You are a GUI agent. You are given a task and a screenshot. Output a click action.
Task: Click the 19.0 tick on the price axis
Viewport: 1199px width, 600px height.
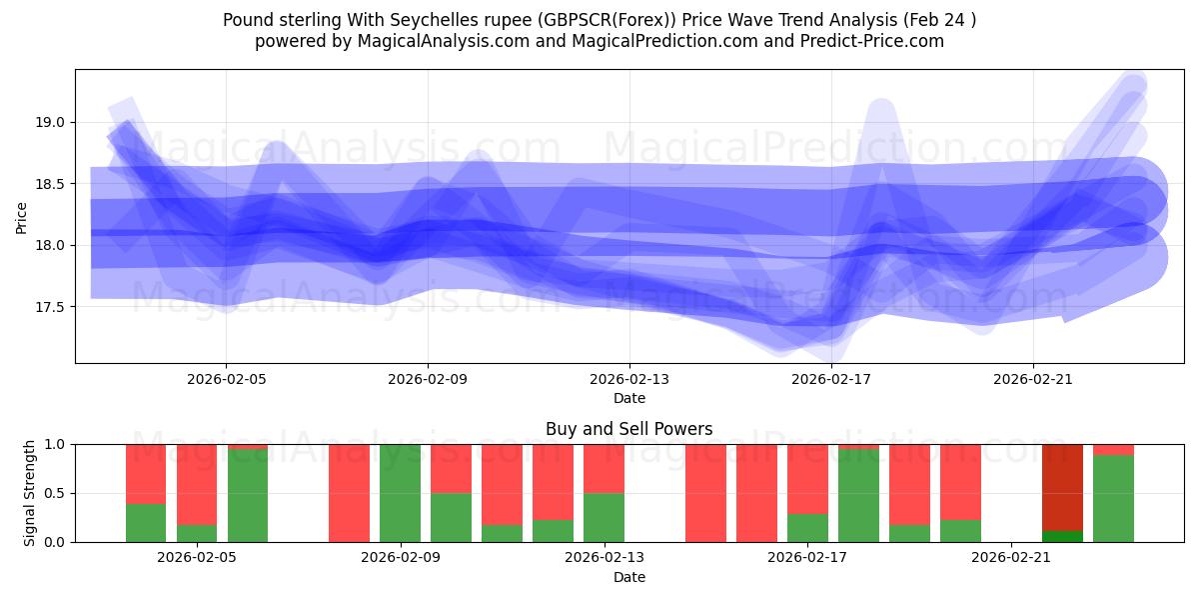[x=50, y=122]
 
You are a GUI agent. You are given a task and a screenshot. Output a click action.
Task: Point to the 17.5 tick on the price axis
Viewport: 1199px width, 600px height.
[x=50, y=306]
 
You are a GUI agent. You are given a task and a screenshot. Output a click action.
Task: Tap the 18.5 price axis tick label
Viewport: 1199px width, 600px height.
[x=50, y=184]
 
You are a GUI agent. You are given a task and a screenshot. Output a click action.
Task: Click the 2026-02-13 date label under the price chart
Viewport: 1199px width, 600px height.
[x=629, y=379]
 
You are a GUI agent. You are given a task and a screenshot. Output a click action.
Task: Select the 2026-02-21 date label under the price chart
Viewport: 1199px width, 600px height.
[x=1032, y=379]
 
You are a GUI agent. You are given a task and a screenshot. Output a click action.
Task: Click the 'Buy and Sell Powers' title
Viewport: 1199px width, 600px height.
[x=629, y=429]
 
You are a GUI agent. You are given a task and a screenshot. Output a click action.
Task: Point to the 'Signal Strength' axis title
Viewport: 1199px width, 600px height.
[x=30, y=493]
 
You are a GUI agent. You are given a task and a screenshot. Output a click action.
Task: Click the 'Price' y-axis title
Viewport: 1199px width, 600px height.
[x=22, y=217]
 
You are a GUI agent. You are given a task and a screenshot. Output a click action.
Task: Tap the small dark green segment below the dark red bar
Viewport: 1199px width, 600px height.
[x=1062, y=536]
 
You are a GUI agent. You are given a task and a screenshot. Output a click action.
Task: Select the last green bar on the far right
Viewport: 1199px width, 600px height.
[x=1113, y=498]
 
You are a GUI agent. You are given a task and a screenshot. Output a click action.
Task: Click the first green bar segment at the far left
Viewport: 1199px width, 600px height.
[x=146, y=522]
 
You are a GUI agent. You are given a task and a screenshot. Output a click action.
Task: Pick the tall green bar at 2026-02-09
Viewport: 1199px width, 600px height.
[x=400, y=493]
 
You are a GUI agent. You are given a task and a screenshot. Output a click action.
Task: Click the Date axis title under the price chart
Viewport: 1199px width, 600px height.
[x=629, y=398]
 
